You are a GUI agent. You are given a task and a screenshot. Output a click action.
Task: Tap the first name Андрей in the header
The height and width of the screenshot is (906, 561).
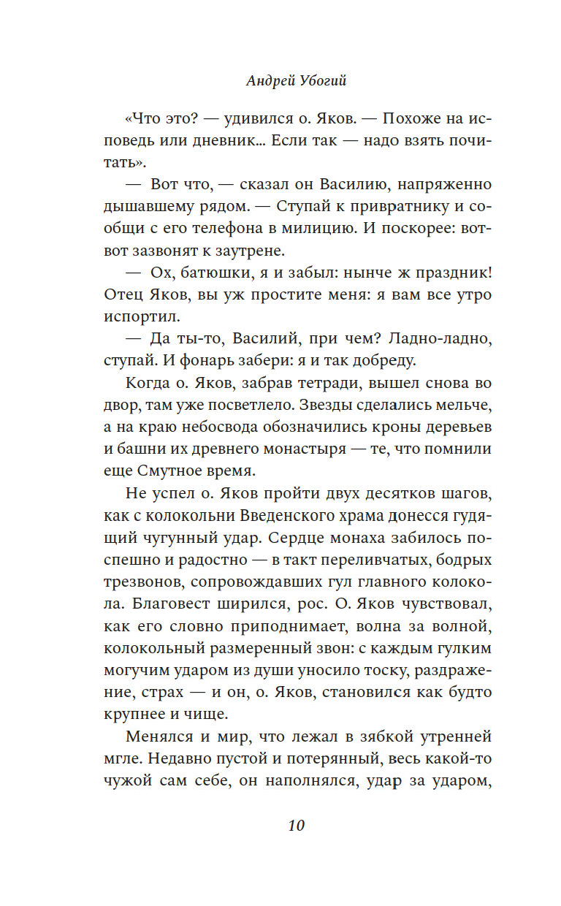click(x=266, y=81)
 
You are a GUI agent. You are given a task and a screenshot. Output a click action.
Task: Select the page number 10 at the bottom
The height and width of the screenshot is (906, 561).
click(x=296, y=826)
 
